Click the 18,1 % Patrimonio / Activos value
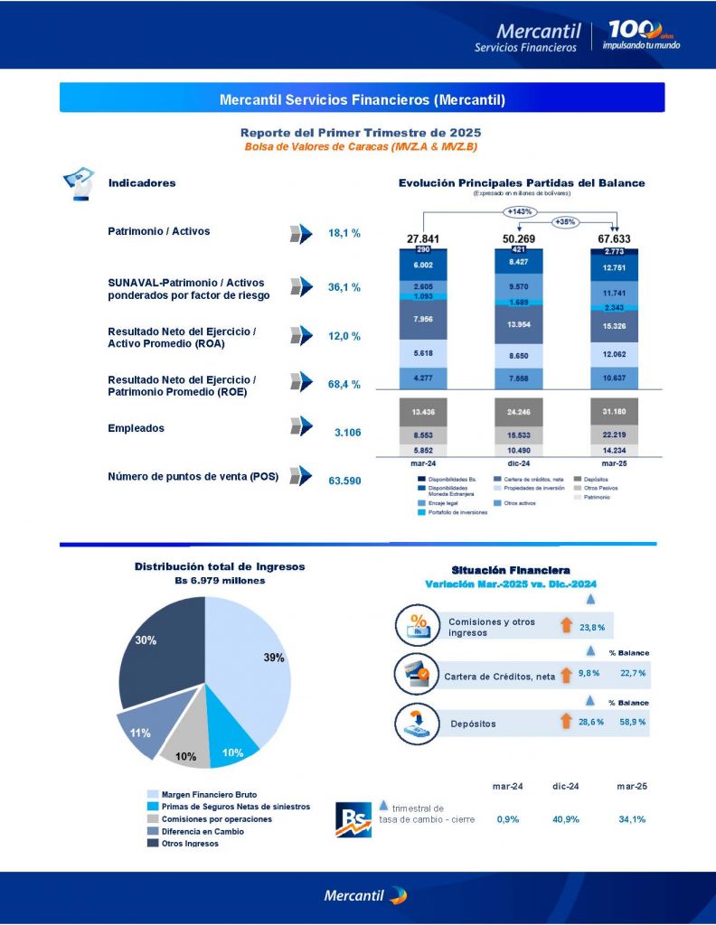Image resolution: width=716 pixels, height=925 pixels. point(344,233)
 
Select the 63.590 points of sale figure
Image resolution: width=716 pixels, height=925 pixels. point(344,481)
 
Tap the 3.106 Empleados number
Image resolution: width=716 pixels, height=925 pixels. point(347,433)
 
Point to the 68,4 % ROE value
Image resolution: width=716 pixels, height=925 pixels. point(344,385)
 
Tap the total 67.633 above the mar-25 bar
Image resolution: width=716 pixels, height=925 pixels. point(615,238)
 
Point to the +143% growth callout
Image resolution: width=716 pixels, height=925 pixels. point(520,211)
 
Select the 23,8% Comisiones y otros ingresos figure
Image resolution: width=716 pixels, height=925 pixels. point(591,626)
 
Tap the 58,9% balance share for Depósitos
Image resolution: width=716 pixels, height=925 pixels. point(632,723)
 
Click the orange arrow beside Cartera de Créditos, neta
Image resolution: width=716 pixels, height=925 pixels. point(567,674)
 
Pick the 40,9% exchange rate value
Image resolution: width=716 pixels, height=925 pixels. point(565,819)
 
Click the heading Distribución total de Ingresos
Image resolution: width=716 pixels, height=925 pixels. point(220,566)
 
